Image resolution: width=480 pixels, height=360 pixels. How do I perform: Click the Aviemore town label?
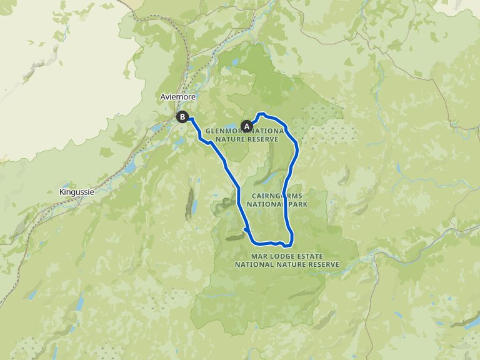click(178, 97)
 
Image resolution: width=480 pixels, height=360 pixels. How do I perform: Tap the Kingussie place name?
click(77, 192)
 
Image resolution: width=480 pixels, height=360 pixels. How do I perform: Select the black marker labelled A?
click(246, 126)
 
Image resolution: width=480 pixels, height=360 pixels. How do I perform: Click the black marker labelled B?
click(182, 116)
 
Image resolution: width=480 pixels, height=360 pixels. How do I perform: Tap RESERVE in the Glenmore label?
click(263, 139)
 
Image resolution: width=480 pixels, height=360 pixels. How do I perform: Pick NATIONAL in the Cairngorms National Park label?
click(266, 204)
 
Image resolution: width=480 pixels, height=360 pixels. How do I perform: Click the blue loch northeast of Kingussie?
click(130, 167)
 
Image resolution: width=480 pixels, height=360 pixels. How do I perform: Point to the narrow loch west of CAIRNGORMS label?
click(193, 206)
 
